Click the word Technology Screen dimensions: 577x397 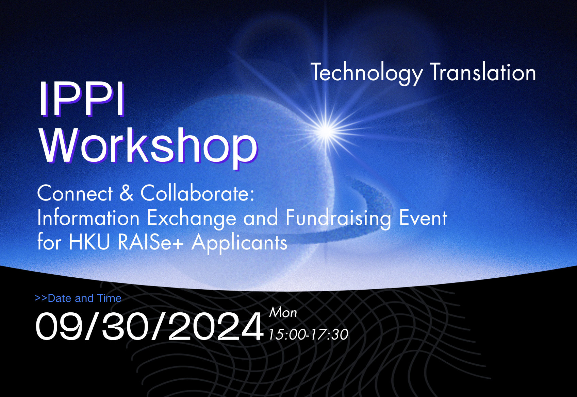click(x=366, y=73)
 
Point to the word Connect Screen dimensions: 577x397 click(x=75, y=193)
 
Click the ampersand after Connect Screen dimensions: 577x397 click(x=127, y=193)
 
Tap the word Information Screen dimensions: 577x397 click(x=88, y=218)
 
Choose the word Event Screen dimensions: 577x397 click(x=423, y=218)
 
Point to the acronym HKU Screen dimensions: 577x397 click(x=89, y=242)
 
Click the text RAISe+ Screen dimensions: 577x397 click(x=150, y=242)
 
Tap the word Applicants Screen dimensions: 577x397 click(x=239, y=243)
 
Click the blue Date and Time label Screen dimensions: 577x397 click(x=78, y=298)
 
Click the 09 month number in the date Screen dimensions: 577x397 click(x=59, y=327)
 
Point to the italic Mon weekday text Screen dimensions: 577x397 click(x=283, y=313)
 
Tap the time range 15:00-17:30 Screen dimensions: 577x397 click(x=308, y=334)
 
